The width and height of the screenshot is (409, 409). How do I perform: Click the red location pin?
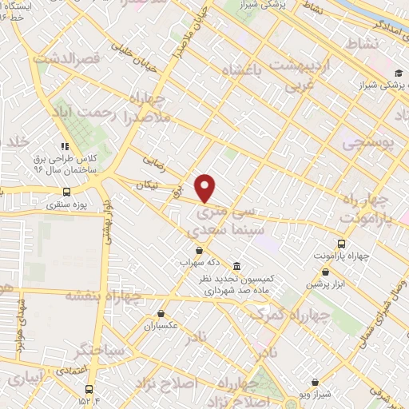(x=206, y=188)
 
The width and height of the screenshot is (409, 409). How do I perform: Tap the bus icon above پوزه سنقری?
(x=66, y=192)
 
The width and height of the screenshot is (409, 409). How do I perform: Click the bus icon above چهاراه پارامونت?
(x=342, y=244)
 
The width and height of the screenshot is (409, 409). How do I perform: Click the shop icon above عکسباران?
(x=161, y=314)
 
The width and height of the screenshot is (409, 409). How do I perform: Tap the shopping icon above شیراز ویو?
(x=319, y=382)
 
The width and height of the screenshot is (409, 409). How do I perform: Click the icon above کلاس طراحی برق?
(x=63, y=146)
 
